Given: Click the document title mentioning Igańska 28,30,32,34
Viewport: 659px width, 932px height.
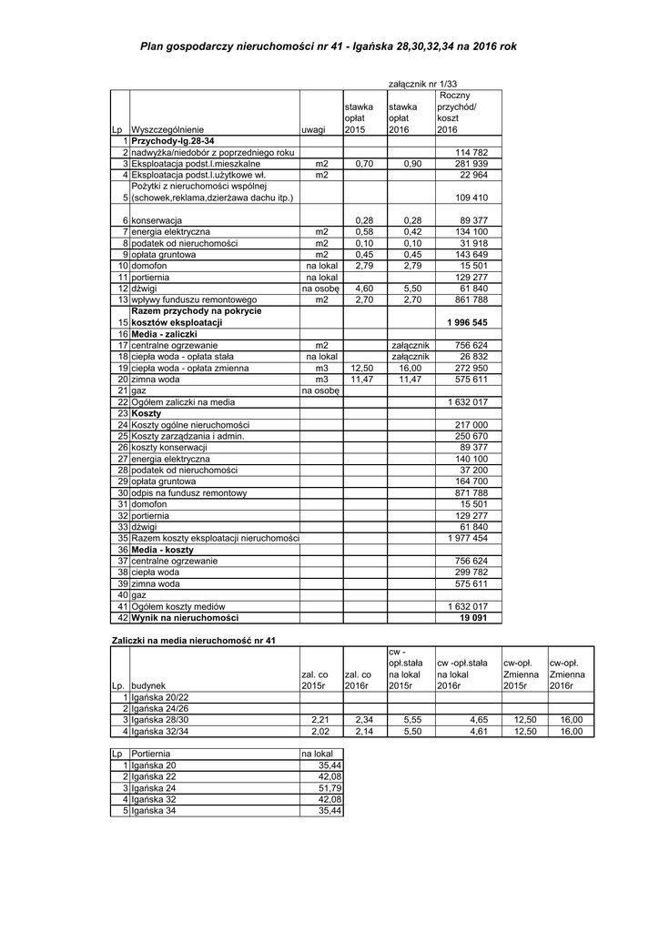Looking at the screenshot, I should tap(329, 45).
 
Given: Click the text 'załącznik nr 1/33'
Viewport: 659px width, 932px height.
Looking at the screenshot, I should tap(424, 83).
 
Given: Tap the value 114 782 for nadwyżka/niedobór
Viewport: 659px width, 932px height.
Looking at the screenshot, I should tap(471, 152).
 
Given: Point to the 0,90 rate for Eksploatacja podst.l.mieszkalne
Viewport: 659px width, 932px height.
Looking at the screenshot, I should tap(411, 163).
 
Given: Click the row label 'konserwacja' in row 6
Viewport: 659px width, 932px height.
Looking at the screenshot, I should tap(157, 221).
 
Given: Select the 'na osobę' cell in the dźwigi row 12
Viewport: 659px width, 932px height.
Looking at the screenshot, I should tap(320, 288).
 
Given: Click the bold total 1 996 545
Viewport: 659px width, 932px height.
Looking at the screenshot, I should tap(468, 323).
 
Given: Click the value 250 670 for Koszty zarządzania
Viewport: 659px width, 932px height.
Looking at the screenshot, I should tap(471, 436).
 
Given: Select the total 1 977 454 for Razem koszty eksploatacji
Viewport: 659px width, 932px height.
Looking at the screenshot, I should tap(468, 538).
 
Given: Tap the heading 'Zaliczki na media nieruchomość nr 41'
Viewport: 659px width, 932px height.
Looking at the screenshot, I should tap(192, 640).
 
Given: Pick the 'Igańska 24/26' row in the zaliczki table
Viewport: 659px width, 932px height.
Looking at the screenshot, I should tap(159, 707).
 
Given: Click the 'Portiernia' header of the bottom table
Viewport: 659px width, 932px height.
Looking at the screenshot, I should tap(150, 755).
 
